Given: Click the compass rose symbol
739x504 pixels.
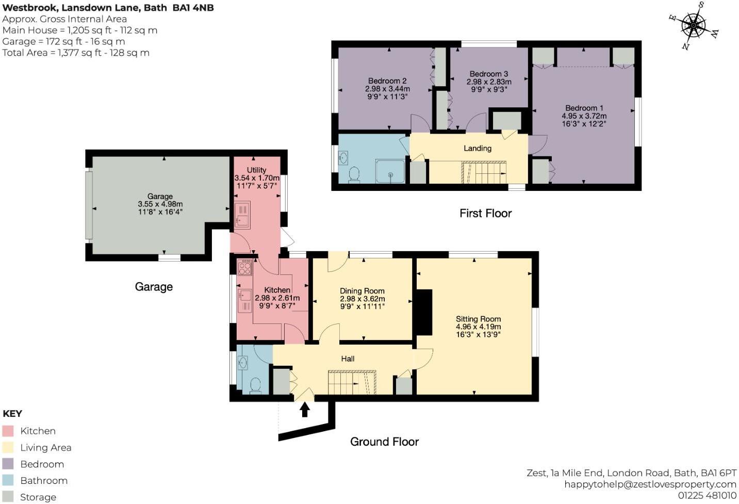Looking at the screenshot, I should click(694, 24).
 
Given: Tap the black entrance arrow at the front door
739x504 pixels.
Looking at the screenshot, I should click(305, 409).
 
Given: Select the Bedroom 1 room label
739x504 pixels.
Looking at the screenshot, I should click(584, 108).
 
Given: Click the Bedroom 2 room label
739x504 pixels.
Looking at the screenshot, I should click(387, 81).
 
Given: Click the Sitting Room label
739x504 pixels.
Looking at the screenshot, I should click(478, 319).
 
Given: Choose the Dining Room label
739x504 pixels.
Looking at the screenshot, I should click(362, 291).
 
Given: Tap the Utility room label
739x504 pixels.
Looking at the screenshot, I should click(256, 170).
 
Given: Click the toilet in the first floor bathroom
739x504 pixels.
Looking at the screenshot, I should click(354, 174).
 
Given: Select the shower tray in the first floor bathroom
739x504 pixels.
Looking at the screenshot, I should click(390, 171).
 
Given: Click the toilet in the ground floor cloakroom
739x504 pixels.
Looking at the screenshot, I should click(255, 385).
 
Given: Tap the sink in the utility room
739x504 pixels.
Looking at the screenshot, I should click(241, 215).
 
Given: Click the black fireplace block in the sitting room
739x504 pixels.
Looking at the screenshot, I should click(424, 313).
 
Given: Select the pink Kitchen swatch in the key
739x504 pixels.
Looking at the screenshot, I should click(8, 431).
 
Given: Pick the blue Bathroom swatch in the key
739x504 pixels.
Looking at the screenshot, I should click(8, 480).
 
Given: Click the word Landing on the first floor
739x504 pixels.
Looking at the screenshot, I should click(477, 149).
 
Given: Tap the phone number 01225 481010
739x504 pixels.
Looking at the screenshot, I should click(707, 495).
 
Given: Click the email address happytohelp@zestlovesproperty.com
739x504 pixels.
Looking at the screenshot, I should click(650, 484).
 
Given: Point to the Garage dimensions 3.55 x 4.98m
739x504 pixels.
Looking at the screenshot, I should click(160, 204).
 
